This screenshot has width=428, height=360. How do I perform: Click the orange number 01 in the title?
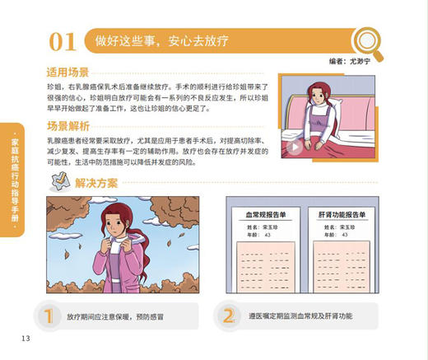(64, 40)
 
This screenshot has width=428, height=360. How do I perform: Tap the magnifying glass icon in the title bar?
(363, 38)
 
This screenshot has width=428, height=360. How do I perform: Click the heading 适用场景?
(67, 72)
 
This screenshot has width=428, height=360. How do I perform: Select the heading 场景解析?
(67, 127)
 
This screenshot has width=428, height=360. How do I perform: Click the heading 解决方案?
(96, 183)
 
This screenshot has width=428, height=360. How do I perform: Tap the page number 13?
(26, 338)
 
